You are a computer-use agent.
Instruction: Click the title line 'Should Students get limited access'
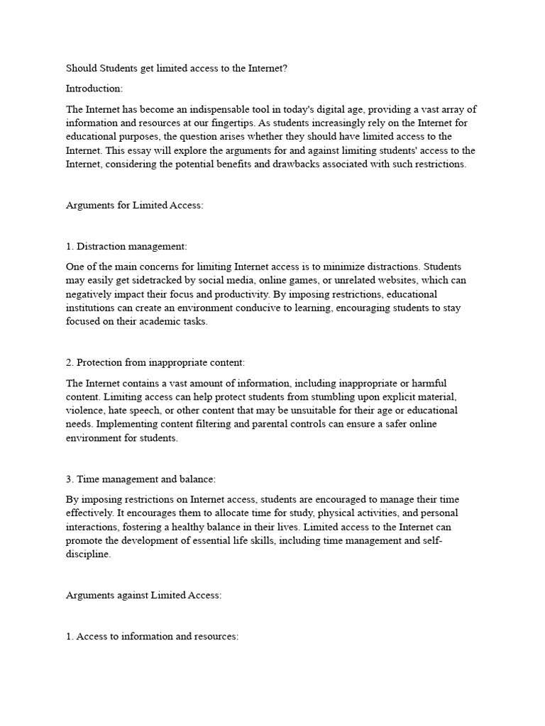(177, 68)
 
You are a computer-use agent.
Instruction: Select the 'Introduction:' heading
(94, 89)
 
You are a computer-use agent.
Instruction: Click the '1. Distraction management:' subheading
(126, 246)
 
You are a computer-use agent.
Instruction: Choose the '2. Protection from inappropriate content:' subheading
(155, 362)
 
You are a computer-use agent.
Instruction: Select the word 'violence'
(87, 411)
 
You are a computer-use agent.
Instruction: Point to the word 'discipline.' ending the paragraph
(89, 554)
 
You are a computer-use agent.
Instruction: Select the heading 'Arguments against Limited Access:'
(144, 596)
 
